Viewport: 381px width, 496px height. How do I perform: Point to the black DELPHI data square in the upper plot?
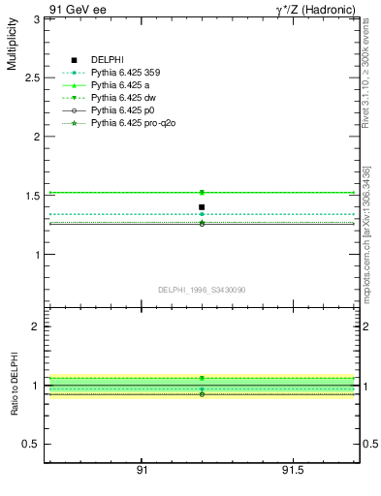tap(202, 206)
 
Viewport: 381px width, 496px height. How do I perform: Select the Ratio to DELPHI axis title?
tap(14, 386)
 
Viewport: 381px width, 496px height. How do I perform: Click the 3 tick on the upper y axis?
tap(36, 18)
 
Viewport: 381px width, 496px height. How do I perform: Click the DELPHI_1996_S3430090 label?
tap(202, 290)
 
